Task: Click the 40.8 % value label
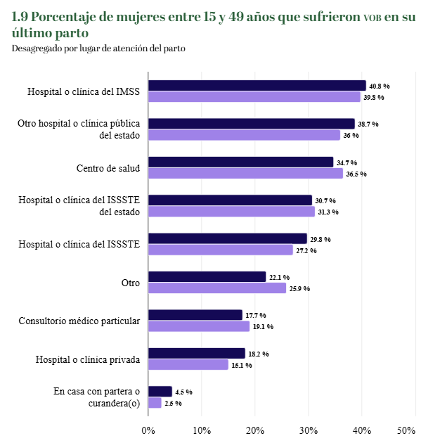click(x=379, y=86)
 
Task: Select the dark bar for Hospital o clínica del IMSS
click(x=257, y=86)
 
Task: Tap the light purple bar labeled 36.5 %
click(x=245, y=174)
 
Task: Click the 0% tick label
click(x=148, y=430)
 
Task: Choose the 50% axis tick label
click(x=407, y=430)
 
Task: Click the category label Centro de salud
click(x=108, y=168)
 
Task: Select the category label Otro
click(x=131, y=283)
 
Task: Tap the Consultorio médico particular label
click(x=79, y=321)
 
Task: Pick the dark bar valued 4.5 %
click(x=160, y=392)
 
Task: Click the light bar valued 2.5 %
click(x=155, y=403)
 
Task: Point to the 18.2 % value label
click(x=259, y=354)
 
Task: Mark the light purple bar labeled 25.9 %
click(x=217, y=288)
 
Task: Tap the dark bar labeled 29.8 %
click(x=228, y=238)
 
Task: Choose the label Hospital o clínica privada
click(x=88, y=359)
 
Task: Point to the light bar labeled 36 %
click(x=244, y=135)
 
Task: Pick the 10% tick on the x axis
click(x=202, y=430)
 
